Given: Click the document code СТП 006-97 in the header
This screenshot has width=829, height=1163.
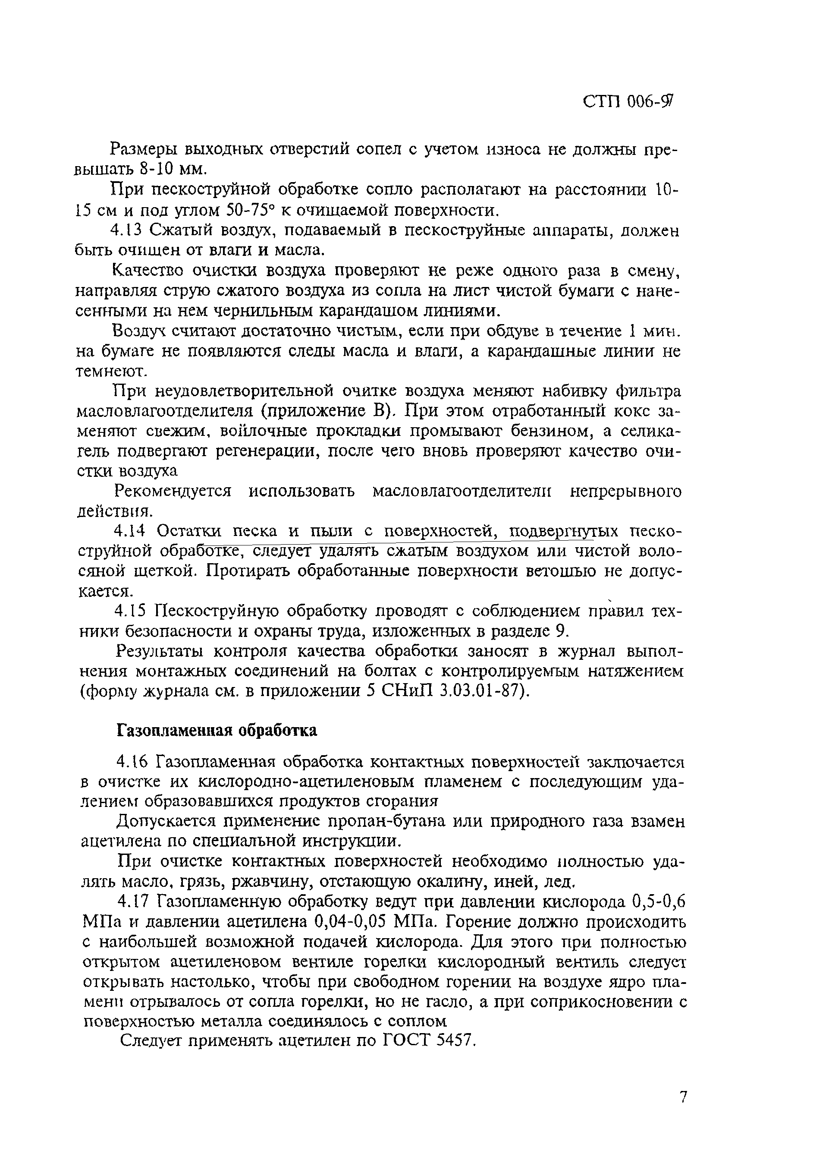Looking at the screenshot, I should point(628,102).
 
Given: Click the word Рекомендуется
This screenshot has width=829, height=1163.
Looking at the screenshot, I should point(173,492).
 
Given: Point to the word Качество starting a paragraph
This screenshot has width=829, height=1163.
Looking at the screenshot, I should point(148,271).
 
